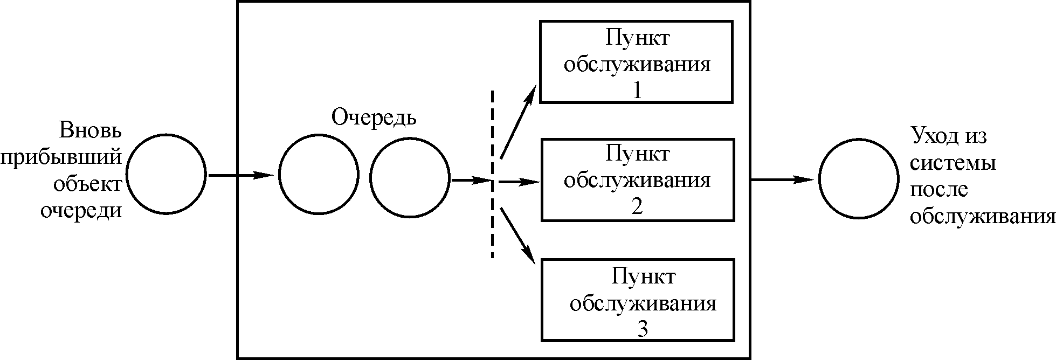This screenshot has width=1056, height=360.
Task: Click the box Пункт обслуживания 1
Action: click(x=636, y=61)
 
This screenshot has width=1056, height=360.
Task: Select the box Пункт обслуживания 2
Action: click(x=637, y=179)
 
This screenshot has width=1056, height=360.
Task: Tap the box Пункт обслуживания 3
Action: click(x=638, y=300)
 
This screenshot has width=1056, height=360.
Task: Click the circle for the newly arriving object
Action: click(x=167, y=174)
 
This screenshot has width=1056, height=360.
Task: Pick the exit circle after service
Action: click(x=859, y=179)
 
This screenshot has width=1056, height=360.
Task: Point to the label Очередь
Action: click(x=373, y=117)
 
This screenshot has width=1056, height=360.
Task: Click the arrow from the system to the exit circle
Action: click(x=782, y=179)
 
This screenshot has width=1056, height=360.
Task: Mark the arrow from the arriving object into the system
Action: click(x=240, y=175)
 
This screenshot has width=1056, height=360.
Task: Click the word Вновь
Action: click(x=91, y=131)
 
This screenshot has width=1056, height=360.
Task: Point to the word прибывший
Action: click(x=61, y=158)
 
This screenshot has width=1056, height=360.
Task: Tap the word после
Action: click(x=939, y=190)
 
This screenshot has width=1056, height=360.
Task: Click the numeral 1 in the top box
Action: click(x=637, y=91)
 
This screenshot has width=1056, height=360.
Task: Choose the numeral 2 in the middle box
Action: click(x=637, y=206)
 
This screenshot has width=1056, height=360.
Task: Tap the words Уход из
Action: click(x=948, y=136)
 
